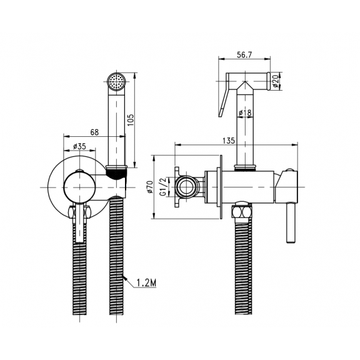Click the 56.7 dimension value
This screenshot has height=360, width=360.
tap(244, 55)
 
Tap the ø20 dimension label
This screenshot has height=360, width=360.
tap(276, 81)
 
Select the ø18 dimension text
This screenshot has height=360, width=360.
tap(245, 112)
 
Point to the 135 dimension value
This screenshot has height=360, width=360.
tap(229, 141)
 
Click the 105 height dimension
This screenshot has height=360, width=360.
tap(131, 119)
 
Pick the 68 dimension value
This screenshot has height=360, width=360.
tap(94, 132)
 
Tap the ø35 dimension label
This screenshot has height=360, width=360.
tap(79, 146)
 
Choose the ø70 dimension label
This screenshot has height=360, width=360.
tap(150, 187)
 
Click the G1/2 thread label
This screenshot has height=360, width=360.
tap(162, 187)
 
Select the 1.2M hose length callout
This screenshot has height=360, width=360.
tap(146, 283)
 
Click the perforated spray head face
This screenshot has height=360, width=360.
tap(117, 82)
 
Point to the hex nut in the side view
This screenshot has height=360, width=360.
tap(242, 212)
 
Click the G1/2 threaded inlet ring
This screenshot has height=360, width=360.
tap(186, 187)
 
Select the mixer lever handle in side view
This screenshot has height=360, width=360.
tap(290, 222)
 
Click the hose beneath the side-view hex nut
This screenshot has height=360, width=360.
tap(243, 266)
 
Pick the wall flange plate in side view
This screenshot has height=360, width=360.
tap(221, 187)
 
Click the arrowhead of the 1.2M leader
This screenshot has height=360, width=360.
tap(125, 277)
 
